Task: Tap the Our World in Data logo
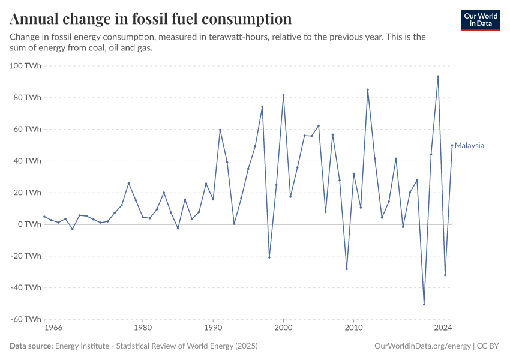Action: tap(481, 20)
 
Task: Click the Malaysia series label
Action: tap(469, 146)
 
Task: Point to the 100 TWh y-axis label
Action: tap(25, 65)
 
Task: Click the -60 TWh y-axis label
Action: tap(25, 319)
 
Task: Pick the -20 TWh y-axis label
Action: tap(25, 256)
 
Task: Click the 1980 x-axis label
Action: tap(143, 329)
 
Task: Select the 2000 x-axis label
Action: tap(283, 329)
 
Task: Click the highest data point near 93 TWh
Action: tap(438, 76)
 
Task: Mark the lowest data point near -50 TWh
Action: tap(424, 304)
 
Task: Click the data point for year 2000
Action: tap(283, 95)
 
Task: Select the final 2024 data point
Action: tap(452, 145)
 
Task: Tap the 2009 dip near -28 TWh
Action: tap(347, 269)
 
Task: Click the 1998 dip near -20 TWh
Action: tap(269, 257)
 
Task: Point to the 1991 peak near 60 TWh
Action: tap(220, 130)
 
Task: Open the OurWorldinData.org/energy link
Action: tap(422, 346)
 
